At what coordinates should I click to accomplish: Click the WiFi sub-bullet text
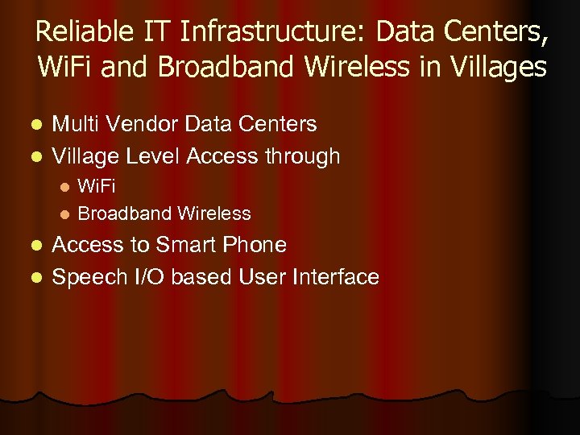point(97,187)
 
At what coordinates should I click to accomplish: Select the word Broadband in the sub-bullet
point(125,213)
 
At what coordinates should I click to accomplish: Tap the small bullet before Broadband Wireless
point(65,214)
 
